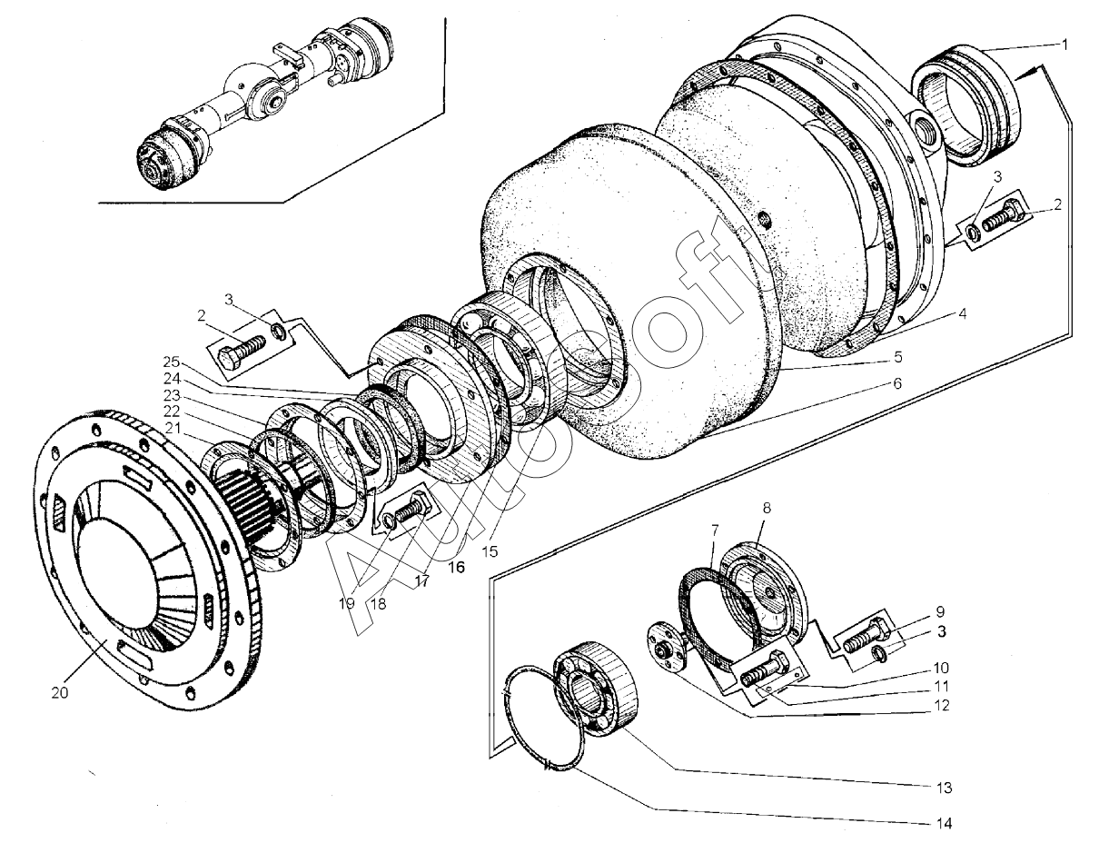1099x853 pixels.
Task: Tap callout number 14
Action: (946, 824)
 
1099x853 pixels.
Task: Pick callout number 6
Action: (896, 383)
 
